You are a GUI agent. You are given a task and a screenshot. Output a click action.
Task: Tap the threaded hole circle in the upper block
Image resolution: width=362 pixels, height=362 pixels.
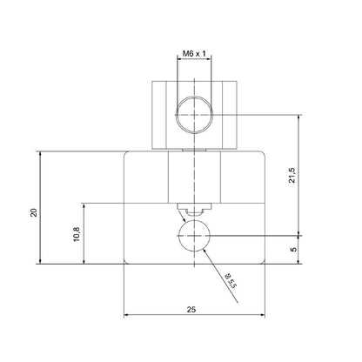point(191,114)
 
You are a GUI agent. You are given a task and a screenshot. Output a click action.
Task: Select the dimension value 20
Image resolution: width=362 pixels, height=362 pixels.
point(33,212)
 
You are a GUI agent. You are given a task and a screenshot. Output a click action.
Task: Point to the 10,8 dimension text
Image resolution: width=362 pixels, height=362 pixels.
point(76,234)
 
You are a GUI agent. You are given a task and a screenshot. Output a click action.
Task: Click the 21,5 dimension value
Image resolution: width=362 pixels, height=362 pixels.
point(292,174)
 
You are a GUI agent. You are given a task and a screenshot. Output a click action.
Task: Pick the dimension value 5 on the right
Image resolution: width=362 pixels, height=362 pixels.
point(293,249)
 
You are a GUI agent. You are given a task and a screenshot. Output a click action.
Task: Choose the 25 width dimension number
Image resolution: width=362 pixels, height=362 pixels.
point(191,307)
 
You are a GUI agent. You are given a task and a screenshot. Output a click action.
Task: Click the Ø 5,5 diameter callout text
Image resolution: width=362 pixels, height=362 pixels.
point(229,280)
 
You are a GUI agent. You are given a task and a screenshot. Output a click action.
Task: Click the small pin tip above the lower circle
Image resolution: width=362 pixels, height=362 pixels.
point(191,209)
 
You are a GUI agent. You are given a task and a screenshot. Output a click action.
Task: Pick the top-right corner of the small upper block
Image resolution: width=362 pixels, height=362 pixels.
point(231,80)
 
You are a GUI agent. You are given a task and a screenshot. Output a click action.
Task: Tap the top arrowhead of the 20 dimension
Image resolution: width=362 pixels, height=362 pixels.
point(41,153)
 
